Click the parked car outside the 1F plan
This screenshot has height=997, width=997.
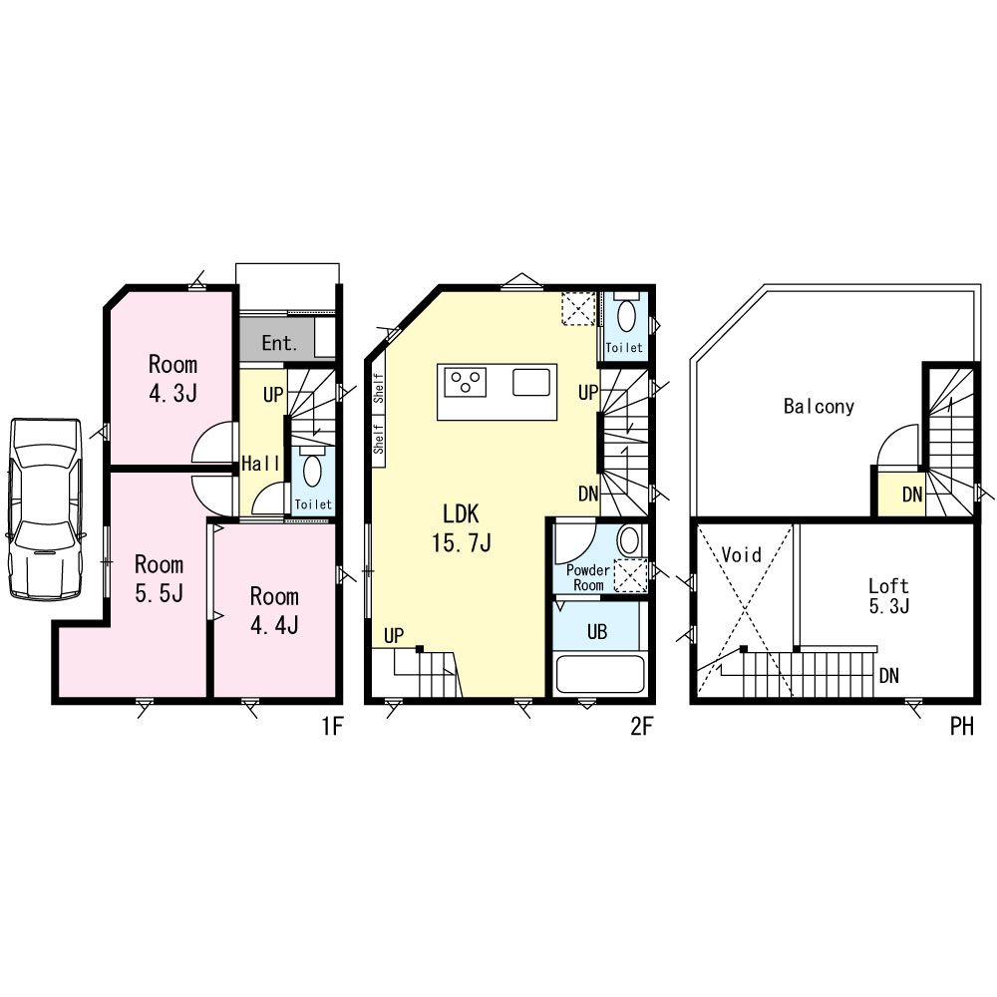[x=45, y=508]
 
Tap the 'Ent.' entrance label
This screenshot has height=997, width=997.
[x=280, y=343]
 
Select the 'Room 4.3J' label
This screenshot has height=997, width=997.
[x=172, y=378]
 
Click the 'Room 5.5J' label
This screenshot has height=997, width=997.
[x=159, y=578]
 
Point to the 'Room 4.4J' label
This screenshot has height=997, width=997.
[x=274, y=610]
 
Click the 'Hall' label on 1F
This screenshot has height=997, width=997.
[x=260, y=463]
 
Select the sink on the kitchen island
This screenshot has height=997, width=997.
[x=531, y=382]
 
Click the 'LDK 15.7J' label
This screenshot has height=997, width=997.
[x=461, y=527]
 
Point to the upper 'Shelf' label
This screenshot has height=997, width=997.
[x=378, y=388]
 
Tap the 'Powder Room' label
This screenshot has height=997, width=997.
[x=588, y=577]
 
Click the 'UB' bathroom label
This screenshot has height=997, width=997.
[x=597, y=631]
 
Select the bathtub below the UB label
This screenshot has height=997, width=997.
[x=599, y=674]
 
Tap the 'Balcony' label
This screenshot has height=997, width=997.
[x=819, y=407]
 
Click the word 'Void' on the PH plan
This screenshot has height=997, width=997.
[x=742, y=554]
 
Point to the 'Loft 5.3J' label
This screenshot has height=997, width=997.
[x=889, y=596]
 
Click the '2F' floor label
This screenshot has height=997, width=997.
[x=641, y=726]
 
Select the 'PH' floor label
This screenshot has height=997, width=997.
[x=962, y=726]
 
